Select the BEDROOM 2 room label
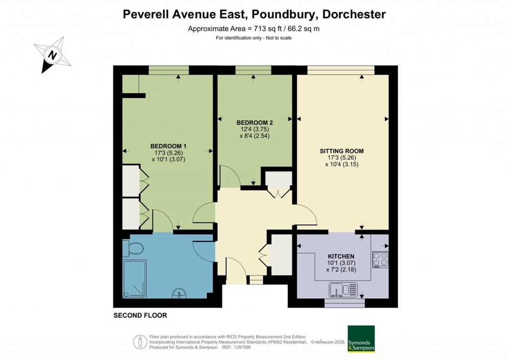254,122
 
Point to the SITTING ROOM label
341,151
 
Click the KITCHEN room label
341,256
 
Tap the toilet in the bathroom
135,247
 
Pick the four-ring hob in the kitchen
381,259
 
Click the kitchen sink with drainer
343,289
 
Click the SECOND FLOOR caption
140,315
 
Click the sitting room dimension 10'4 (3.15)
341,164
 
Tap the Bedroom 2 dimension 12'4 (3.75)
254,129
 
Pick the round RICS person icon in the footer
140,342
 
